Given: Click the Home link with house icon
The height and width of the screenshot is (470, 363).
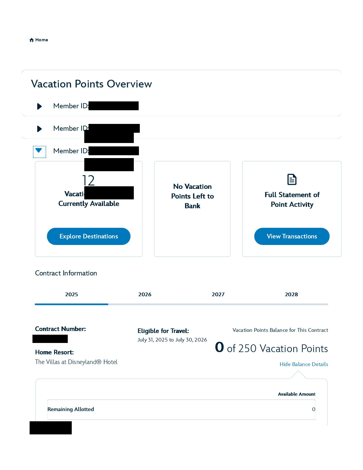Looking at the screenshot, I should click(39, 40).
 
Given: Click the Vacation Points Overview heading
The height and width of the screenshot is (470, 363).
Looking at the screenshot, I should click(91, 84).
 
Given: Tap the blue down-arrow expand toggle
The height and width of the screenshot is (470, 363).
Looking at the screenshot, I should click(39, 151).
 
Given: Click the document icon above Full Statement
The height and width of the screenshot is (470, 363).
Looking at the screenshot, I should click(292, 179).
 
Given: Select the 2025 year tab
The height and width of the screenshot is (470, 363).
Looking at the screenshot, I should click(71, 295).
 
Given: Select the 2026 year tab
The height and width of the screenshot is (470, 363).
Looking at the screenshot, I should click(145, 295).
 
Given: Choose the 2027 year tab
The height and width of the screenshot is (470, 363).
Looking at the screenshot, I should click(218, 295).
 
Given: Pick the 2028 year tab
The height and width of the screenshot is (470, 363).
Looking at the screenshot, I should click(291, 295).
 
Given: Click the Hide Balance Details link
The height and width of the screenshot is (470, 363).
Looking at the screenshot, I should click(304, 364).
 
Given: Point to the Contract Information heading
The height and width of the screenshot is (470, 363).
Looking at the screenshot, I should click(66, 273).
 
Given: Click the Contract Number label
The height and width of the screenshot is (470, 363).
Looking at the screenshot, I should click(60, 329).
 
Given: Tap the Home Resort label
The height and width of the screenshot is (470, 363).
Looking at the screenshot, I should click(54, 352).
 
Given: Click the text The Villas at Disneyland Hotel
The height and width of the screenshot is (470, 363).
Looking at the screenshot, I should click(76, 362).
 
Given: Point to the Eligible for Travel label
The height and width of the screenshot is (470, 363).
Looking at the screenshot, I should click(163, 331).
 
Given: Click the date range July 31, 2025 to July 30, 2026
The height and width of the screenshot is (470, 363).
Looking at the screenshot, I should click(172, 340).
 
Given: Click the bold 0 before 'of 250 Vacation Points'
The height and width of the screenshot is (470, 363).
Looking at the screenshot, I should click(220, 347).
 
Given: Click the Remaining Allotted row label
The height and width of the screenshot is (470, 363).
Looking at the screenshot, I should click(71, 409).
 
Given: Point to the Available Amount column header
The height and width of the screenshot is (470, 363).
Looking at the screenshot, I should click(297, 394).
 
